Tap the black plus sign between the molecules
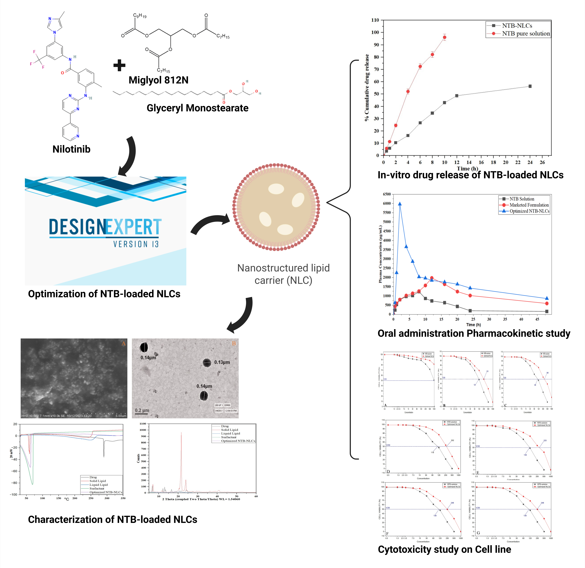pos(119,65)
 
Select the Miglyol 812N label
pos(159,80)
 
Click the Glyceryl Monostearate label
pos(197,108)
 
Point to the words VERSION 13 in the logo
pos(136,244)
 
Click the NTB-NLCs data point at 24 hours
pos(530,86)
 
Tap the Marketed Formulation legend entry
pos(529,205)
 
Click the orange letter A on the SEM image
pos(123,344)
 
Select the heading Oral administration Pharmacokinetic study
pos(474,333)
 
